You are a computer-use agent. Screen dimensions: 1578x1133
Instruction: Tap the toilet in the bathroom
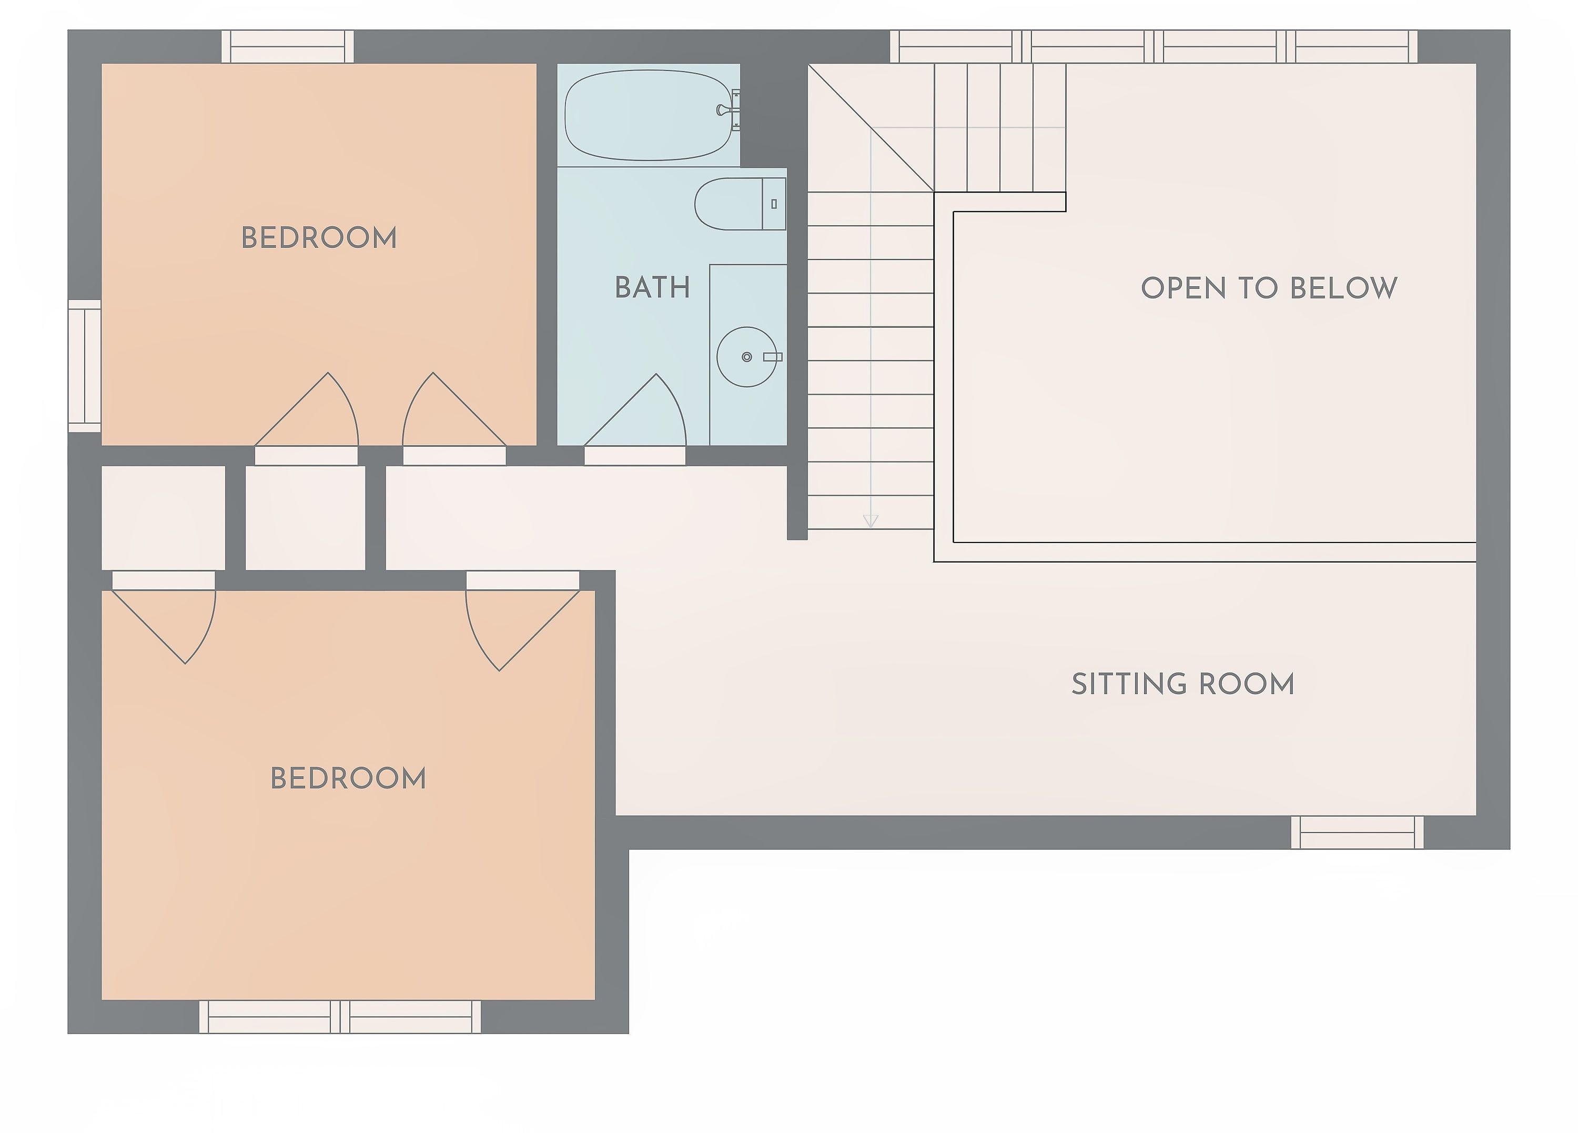coord(740,204)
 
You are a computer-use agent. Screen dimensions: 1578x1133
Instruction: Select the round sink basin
coord(746,357)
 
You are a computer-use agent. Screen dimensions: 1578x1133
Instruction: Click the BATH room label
coord(652,287)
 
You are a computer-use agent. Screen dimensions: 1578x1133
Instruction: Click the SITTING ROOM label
coord(1183,684)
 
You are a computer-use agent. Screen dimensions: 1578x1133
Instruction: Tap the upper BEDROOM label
coord(319,238)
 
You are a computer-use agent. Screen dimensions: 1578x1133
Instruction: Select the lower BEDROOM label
coord(348,778)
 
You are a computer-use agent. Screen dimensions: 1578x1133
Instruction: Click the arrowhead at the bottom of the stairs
coord(871,520)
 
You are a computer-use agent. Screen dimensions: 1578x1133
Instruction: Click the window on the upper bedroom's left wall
coord(84,366)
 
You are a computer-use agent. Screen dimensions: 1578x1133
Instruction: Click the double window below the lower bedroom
coord(340,1017)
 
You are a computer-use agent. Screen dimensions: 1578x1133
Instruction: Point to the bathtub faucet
coord(729,110)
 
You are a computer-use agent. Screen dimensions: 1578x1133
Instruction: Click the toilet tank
coord(774,204)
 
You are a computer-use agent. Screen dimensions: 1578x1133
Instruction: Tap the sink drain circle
coord(746,357)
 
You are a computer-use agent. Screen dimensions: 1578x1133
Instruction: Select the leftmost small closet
coord(164,518)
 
